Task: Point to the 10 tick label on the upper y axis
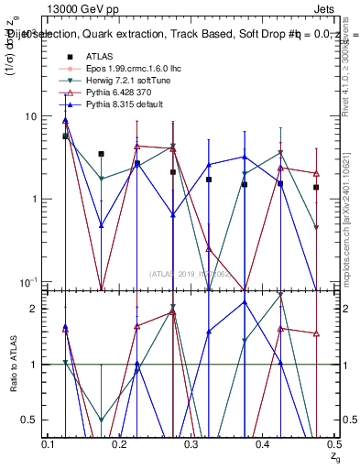point(31,116)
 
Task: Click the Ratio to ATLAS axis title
point(12,364)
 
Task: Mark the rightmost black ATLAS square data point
point(316,187)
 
